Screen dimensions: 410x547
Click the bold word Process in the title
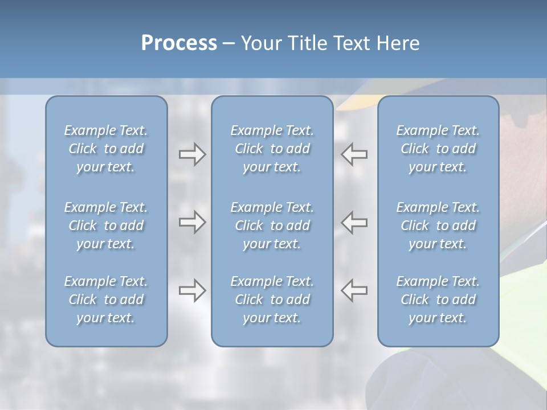coord(179,43)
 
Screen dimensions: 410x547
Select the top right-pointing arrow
coord(192,154)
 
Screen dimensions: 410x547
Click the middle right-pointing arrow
coord(192,222)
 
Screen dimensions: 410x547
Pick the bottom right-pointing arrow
coord(192,290)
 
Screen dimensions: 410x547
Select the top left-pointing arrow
coord(354,154)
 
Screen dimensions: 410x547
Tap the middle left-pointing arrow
coord(354,222)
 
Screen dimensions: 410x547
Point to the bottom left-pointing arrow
coord(354,290)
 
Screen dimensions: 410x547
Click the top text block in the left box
coord(106,149)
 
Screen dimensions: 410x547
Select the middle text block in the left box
coord(106,225)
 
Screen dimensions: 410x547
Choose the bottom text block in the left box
coord(106,300)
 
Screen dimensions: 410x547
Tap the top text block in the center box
coord(272,149)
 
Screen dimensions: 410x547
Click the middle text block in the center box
coord(272,225)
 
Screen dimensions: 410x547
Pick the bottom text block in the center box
coord(272,300)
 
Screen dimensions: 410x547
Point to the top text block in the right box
coord(438,149)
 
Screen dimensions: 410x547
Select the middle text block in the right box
coord(438,225)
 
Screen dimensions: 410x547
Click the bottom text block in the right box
coord(438,300)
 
